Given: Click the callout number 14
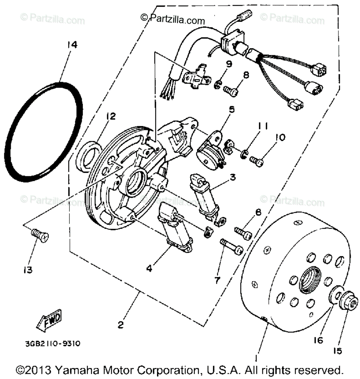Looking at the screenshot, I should tap(72, 45).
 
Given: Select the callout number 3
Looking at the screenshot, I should tap(233, 177).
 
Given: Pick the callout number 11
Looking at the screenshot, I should tap(263, 127).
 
